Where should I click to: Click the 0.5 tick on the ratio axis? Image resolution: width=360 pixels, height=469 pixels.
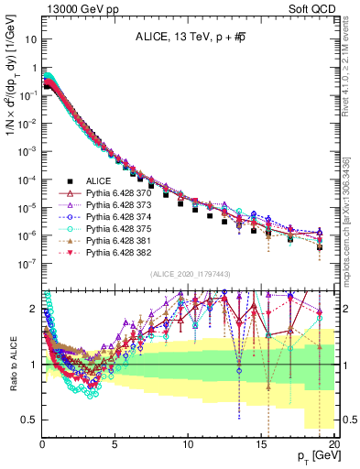30,420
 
